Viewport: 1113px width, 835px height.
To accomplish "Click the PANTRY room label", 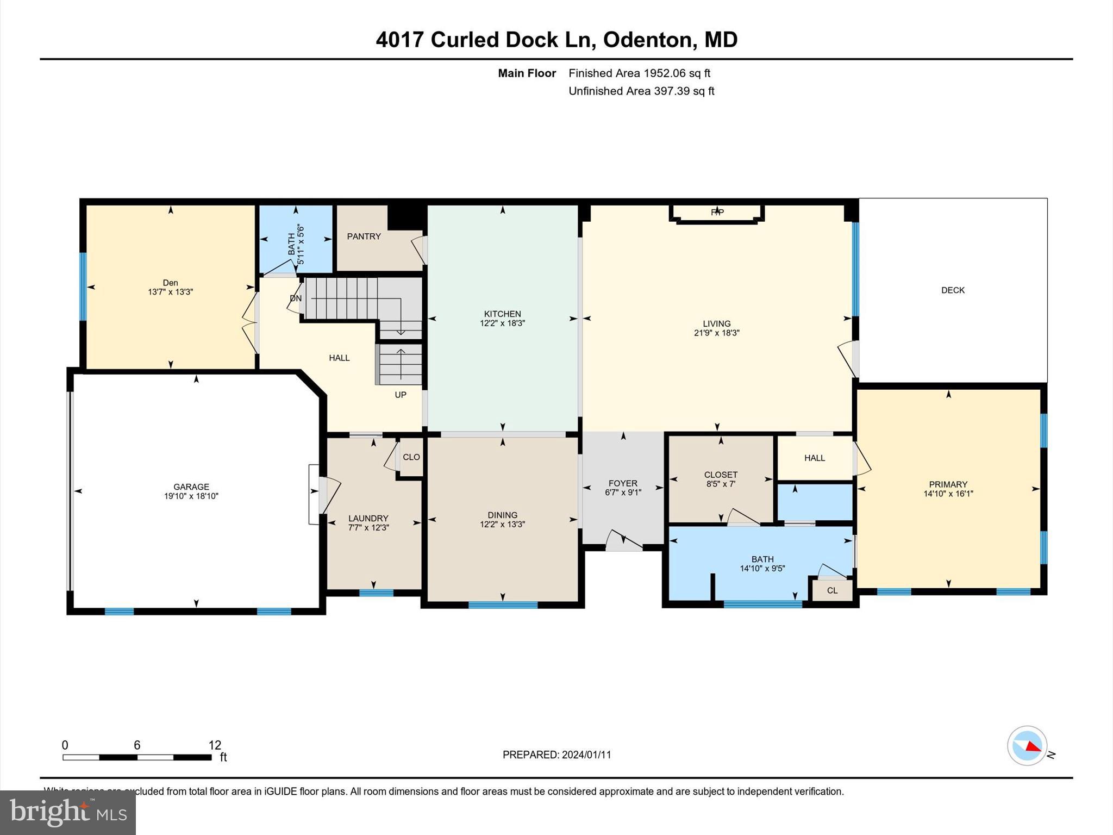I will click(x=364, y=236).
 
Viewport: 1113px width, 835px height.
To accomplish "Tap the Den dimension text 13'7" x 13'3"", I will click(x=171, y=292).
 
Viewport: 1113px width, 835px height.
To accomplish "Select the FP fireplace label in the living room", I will click(x=717, y=213).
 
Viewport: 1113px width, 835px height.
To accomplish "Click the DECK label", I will click(x=953, y=290).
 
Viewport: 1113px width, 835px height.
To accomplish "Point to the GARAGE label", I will click(x=191, y=487).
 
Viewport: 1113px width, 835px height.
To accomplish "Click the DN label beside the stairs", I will click(x=296, y=298).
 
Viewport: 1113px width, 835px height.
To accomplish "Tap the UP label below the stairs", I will click(x=401, y=395).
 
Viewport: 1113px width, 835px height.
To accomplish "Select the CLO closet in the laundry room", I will click(x=411, y=457).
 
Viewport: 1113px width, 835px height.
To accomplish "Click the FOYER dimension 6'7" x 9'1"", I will click(x=623, y=493).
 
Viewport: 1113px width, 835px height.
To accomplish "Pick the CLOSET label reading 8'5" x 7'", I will click(x=721, y=475).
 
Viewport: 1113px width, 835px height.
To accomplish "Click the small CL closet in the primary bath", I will click(x=832, y=590).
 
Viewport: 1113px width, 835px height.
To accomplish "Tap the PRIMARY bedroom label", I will click(x=948, y=484).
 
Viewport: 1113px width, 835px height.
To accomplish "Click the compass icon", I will click(x=1027, y=746).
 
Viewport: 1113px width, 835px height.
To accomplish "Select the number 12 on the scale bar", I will click(x=215, y=745).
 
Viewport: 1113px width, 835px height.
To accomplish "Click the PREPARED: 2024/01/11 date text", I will click(x=556, y=755).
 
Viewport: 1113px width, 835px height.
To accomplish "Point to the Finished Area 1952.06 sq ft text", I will click(x=639, y=73).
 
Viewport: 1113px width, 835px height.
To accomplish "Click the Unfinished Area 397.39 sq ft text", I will click(x=641, y=91).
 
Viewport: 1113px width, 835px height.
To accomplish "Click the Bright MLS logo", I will click(x=68, y=812).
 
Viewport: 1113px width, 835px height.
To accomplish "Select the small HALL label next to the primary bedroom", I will click(x=815, y=458).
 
